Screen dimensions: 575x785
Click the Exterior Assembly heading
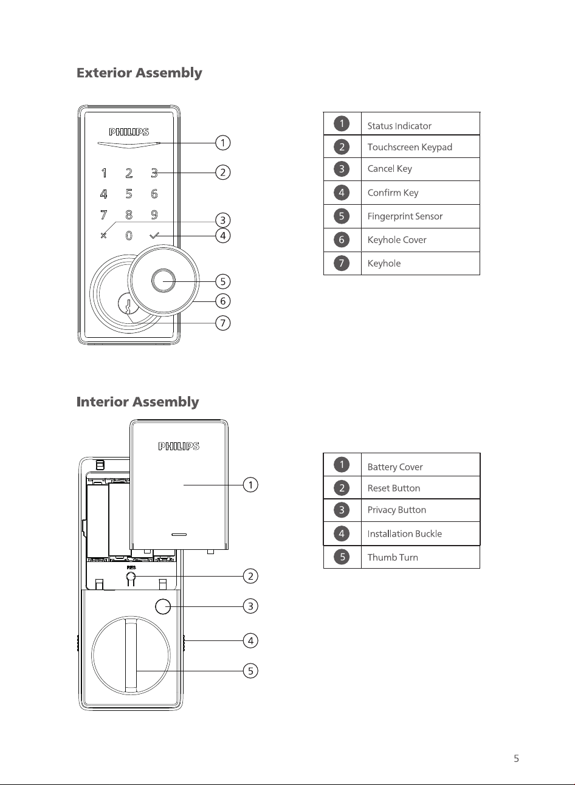pyautogui.click(x=139, y=73)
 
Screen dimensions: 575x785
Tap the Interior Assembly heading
pyautogui.click(x=137, y=402)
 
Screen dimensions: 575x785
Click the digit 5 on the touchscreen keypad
pyautogui.click(x=129, y=194)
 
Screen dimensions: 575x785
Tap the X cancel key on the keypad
pyautogui.click(x=103, y=235)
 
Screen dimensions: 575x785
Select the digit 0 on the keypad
pyautogui.click(x=129, y=235)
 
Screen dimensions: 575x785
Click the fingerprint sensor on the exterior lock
pyautogui.click(x=164, y=281)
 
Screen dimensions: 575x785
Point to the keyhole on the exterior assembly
pyautogui.click(x=128, y=305)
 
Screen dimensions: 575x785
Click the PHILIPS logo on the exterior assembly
pyautogui.click(x=129, y=132)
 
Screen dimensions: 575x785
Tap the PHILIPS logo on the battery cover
pyautogui.click(x=179, y=446)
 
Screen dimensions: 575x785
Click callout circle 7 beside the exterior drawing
pyautogui.click(x=222, y=323)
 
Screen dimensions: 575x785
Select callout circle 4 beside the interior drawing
pyautogui.click(x=250, y=640)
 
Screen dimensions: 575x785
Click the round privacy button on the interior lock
pyautogui.click(x=163, y=606)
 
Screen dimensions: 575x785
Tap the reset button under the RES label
pyautogui.click(x=131, y=576)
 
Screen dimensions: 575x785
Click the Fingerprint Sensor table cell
pyautogui.click(x=421, y=216)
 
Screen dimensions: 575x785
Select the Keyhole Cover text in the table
pyautogui.click(x=397, y=240)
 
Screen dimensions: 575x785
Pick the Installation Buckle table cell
pyautogui.click(x=421, y=533)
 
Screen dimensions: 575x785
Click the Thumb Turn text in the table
pyautogui.click(x=393, y=557)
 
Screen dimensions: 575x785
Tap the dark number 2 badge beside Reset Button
pyautogui.click(x=342, y=488)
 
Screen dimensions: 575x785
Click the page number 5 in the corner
pyautogui.click(x=516, y=758)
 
